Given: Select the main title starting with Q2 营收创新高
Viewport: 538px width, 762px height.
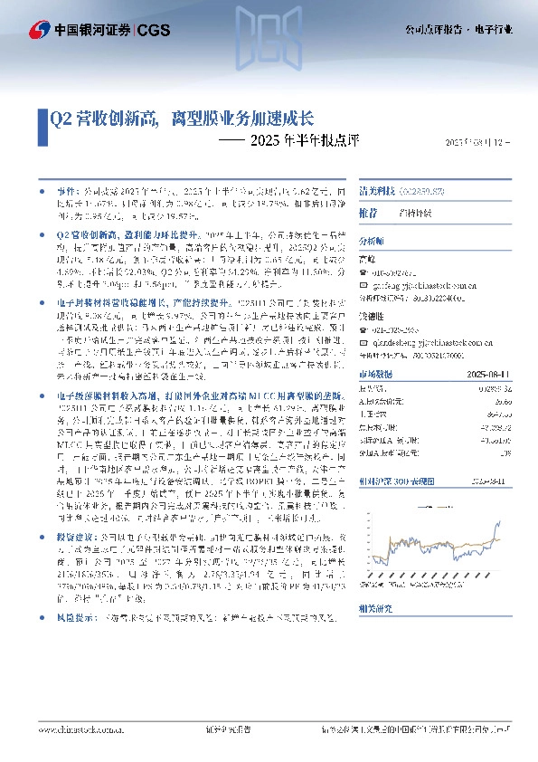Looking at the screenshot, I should pyautogui.click(x=182, y=118).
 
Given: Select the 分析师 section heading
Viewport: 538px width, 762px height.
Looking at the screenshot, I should pyautogui.click(x=372, y=243).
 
